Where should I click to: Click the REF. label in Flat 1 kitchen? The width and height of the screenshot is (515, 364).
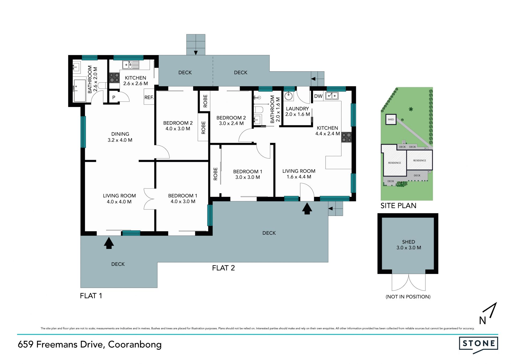click(149, 98)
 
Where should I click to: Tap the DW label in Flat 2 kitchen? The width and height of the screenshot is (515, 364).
click(318, 96)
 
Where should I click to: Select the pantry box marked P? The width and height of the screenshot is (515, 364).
click(114, 97)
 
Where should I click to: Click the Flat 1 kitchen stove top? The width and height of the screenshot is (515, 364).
click(114, 78)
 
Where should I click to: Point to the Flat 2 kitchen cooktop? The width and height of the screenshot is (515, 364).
click(346, 137)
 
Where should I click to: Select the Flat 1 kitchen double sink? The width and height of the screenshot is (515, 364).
click(131, 65)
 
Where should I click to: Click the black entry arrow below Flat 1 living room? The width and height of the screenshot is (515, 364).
click(109, 243)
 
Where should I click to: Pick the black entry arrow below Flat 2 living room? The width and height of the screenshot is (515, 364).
click(307, 208)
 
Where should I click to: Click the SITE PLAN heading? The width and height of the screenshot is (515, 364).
click(398, 206)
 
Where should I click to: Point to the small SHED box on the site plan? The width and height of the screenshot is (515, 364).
click(391, 119)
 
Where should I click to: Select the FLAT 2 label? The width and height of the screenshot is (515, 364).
click(223, 268)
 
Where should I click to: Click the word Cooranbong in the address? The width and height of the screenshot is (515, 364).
click(135, 345)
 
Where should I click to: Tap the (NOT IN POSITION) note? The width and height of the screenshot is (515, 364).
click(408, 297)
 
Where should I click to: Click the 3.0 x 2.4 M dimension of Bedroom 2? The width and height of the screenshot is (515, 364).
click(231, 123)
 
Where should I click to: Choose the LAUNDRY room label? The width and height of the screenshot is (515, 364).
click(297, 109)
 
